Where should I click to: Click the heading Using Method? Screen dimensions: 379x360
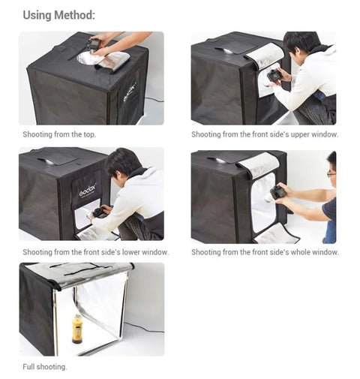point(58,15)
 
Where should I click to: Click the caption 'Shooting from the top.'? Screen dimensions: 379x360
point(59,134)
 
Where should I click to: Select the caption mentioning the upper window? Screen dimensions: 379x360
point(264,134)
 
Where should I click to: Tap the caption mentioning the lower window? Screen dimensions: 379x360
point(95,252)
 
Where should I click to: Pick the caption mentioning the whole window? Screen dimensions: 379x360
point(265,252)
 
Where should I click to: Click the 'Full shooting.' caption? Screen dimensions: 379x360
point(44,367)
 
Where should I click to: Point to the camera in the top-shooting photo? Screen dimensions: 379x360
point(94,46)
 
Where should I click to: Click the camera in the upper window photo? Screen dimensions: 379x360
point(274,76)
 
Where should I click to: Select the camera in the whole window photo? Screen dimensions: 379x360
point(278,192)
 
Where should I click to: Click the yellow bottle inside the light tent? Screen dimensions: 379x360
point(77,328)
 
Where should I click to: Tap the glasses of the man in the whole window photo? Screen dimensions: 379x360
point(331,173)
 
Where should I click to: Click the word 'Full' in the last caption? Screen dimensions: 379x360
point(29,367)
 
